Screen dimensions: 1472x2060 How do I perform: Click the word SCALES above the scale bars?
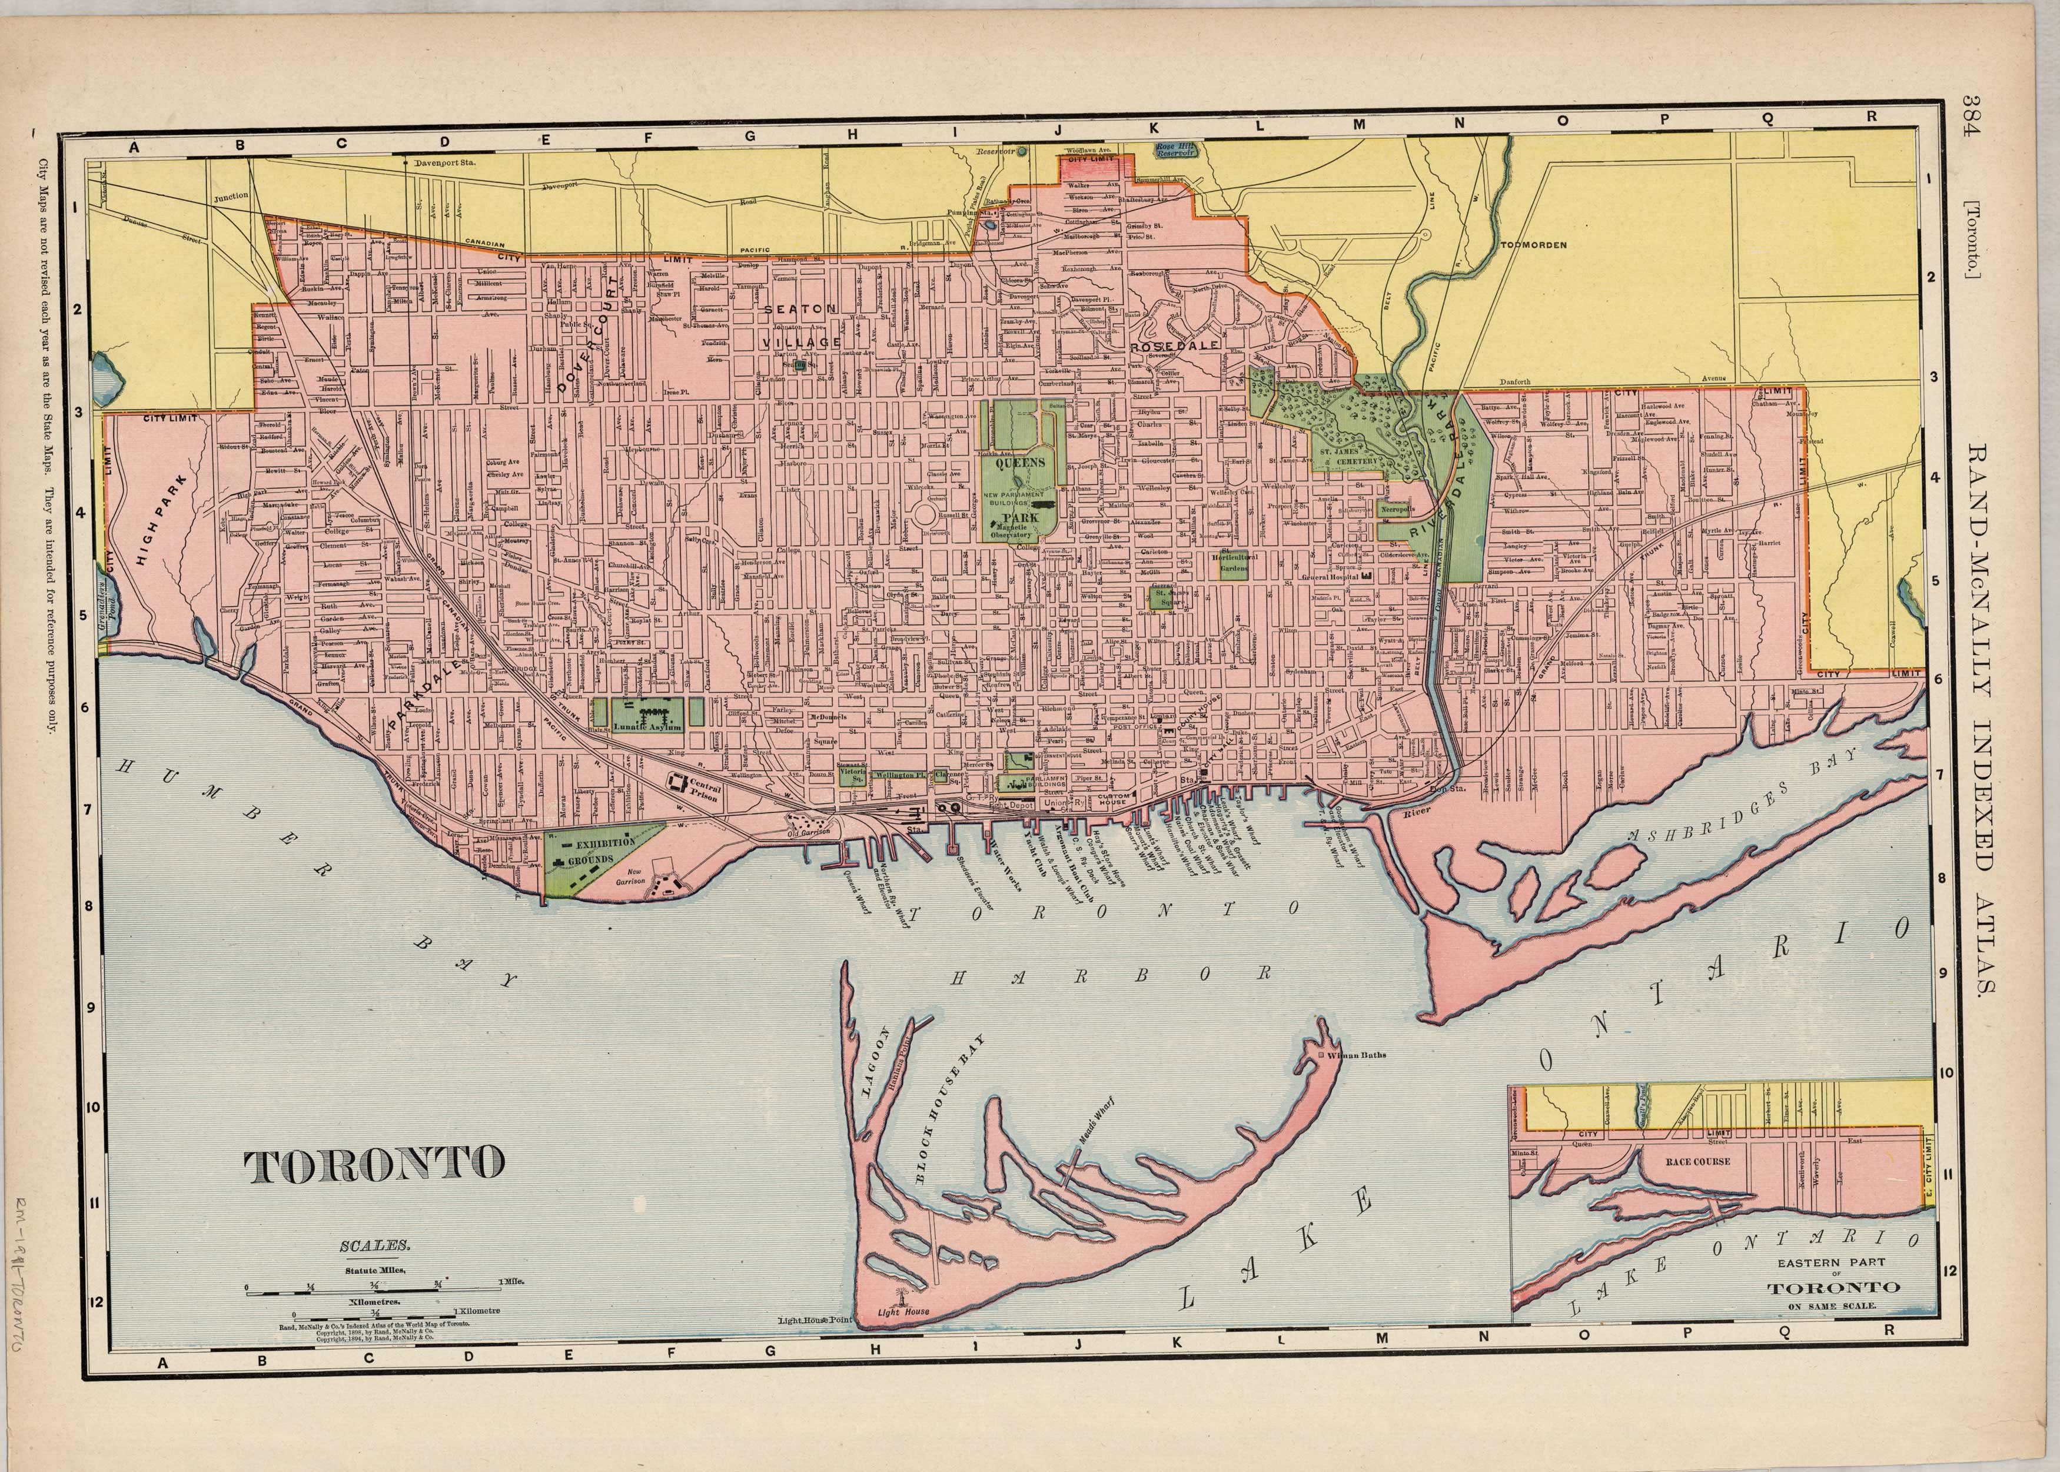pos(363,1247)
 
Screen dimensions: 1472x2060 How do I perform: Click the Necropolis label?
pos(1396,509)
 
